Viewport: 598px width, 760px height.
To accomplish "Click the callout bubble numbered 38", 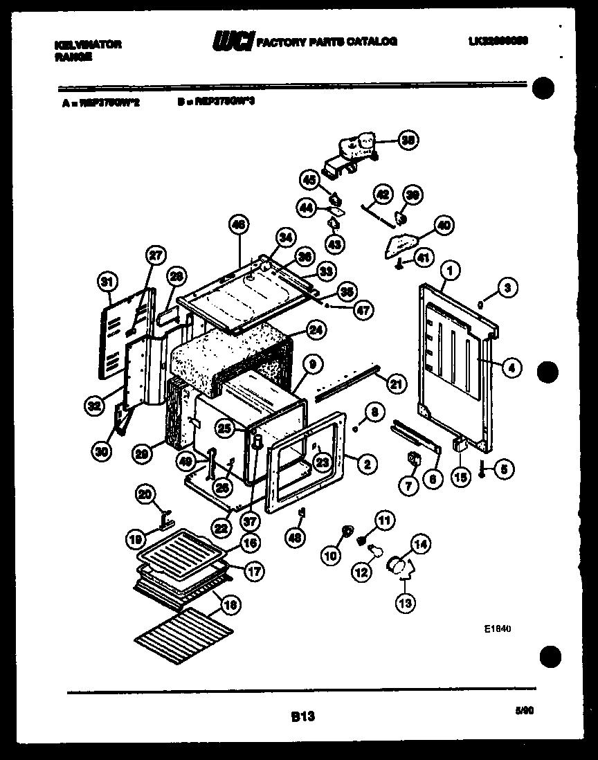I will tap(408, 141).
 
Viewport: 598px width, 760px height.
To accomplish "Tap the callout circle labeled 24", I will tap(316, 331).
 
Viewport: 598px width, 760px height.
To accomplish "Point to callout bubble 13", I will tap(405, 603).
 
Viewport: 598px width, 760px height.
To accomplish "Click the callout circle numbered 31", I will tap(106, 282).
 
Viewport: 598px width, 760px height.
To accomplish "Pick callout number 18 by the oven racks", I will tap(230, 604).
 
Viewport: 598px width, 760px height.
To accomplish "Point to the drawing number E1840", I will tap(497, 629).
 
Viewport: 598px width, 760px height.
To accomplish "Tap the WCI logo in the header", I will tap(233, 42).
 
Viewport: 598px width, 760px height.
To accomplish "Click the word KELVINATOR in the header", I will tap(87, 44).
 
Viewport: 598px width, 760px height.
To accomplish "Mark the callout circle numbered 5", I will tap(503, 469).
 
